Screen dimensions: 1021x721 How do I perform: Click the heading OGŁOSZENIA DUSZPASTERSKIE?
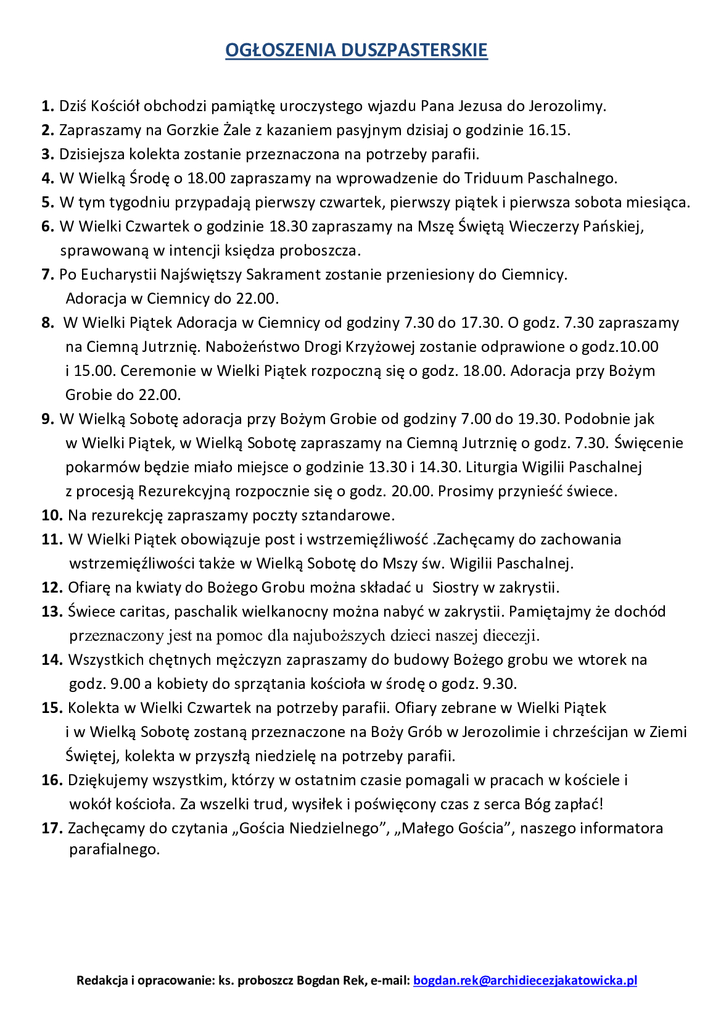point(356,50)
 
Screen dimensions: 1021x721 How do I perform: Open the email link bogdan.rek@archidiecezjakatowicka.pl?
point(525,980)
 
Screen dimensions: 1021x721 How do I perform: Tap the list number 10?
point(52,515)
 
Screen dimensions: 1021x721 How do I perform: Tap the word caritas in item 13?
point(144,612)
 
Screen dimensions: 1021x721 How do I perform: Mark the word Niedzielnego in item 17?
point(336,828)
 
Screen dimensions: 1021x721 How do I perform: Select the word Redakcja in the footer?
point(101,980)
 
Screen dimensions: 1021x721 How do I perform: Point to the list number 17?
point(52,828)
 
